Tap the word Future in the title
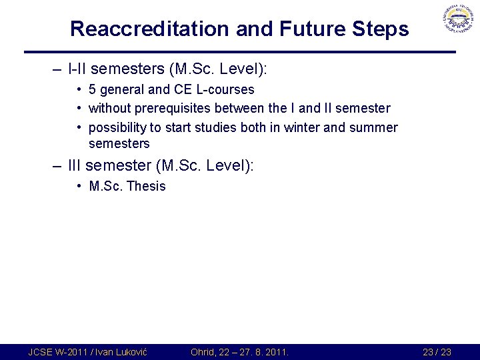click(307, 29)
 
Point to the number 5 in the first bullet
click(93, 89)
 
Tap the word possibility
click(119, 127)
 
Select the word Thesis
click(145, 186)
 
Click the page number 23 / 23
click(437, 352)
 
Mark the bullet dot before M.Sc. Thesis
click(79, 186)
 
